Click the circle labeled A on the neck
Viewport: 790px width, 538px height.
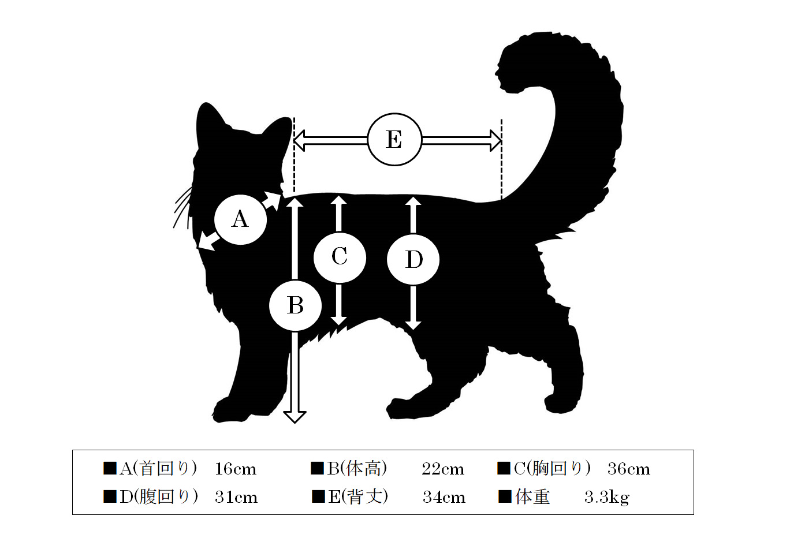pyautogui.click(x=240, y=219)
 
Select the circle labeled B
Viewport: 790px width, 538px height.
pyautogui.click(x=295, y=305)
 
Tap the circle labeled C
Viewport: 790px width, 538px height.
pyautogui.click(x=340, y=257)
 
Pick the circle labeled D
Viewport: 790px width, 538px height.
pyautogui.click(x=413, y=260)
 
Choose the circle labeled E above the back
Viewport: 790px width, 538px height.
pyautogui.click(x=394, y=139)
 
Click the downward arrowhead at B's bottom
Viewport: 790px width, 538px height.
pyautogui.click(x=295, y=417)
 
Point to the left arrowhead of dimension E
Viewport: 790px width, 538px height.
pyautogui.click(x=299, y=140)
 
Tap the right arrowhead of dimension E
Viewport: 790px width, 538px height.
pyautogui.click(x=495, y=140)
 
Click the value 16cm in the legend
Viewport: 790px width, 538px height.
pyautogui.click(x=236, y=469)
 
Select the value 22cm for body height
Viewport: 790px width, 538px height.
pyautogui.click(x=443, y=469)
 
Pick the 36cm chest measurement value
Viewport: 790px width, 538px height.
pyautogui.click(x=629, y=469)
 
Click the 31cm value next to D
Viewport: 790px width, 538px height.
pyautogui.click(x=236, y=497)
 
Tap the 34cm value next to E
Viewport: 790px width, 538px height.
pyautogui.click(x=444, y=497)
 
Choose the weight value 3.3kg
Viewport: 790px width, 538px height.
pyautogui.click(x=607, y=498)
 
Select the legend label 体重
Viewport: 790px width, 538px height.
pyautogui.click(x=532, y=497)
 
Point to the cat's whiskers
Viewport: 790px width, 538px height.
pyautogui.click(x=182, y=207)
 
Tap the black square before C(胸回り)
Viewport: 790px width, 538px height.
pyautogui.click(x=504, y=468)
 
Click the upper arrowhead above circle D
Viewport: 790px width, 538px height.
pyautogui.click(x=413, y=201)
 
